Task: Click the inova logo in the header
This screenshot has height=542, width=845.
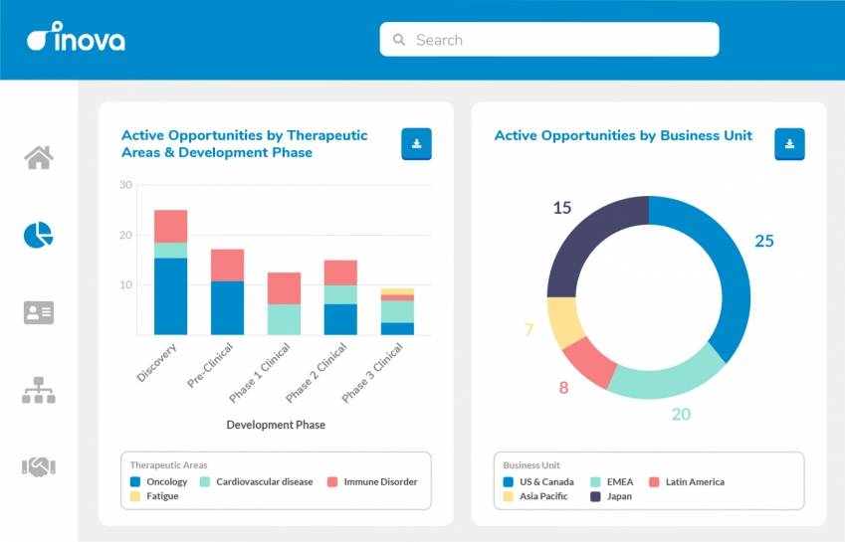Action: tap(76, 40)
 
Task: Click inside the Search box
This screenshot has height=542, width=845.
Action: tap(548, 40)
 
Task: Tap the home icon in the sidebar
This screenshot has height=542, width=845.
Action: tap(39, 157)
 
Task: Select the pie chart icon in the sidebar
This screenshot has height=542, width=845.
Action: tap(39, 235)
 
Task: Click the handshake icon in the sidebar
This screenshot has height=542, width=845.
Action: tap(39, 466)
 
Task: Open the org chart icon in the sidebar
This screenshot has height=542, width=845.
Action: tap(39, 390)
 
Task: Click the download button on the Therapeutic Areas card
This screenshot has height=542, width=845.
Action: tap(416, 144)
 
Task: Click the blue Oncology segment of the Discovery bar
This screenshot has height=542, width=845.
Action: tap(170, 296)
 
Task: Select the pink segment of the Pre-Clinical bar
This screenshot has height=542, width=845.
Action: tap(227, 265)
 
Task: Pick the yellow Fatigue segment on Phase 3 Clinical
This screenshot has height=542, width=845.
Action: tap(397, 291)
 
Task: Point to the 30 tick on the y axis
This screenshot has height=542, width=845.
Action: tap(125, 185)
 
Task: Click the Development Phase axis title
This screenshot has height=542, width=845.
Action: tap(276, 425)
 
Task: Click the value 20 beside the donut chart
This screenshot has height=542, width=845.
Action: tap(681, 414)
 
